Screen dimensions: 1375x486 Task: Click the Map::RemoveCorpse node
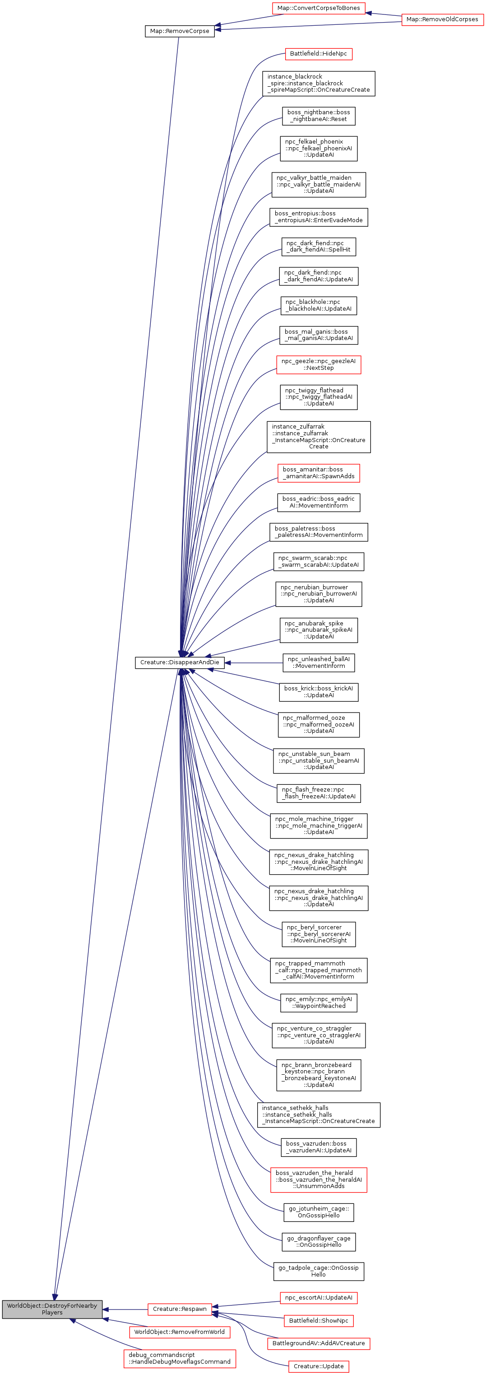(179, 31)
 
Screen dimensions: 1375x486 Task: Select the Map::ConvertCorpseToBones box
(319, 8)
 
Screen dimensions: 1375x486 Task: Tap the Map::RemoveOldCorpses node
(442, 19)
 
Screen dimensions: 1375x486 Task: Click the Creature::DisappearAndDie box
(179, 662)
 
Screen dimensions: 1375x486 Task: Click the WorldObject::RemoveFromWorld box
(179, 1332)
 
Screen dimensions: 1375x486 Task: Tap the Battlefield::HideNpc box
(318, 54)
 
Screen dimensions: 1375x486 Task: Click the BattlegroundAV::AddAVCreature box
(318, 1343)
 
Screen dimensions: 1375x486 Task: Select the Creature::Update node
(318, 1366)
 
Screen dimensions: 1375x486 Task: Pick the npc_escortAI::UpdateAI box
(318, 1298)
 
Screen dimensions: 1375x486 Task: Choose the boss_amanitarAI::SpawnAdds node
(319, 473)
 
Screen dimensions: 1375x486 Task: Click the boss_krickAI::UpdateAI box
(319, 692)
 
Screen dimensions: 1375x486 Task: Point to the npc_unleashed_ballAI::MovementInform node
(319, 662)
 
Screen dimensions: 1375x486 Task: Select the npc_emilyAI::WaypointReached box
(319, 1002)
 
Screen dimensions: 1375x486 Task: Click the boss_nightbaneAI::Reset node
(319, 116)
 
